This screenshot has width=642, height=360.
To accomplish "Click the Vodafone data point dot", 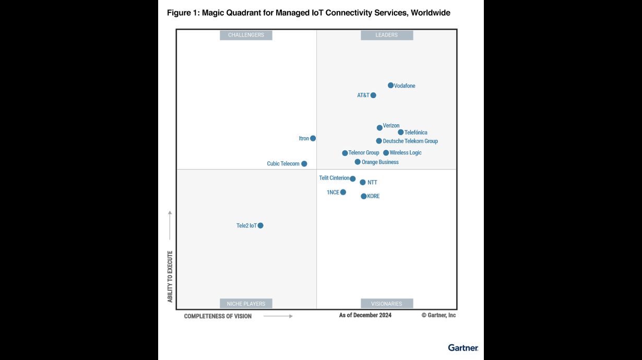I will click(390, 86).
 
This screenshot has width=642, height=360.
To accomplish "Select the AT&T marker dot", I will click(373, 95).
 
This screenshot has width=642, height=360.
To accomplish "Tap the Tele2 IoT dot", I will click(260, 225).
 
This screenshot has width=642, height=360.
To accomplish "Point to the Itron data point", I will click(313, 138).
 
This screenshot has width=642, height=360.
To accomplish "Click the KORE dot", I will click(364, 196).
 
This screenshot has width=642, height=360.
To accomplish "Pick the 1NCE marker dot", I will click(343, 192).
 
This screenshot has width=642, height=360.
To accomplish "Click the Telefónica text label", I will click(415, 133).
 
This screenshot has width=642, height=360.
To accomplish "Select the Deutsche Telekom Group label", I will click(410, 141).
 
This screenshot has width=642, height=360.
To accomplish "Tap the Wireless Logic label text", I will click(406, 153).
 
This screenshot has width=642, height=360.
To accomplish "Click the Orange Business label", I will click(380, 162).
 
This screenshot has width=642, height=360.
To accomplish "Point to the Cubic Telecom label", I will click(283, 164).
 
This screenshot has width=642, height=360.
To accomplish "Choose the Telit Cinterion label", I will click(334, 178).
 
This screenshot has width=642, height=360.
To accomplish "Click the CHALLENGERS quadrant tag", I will click(246, 35).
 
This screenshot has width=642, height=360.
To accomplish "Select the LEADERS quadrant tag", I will click(387, 35).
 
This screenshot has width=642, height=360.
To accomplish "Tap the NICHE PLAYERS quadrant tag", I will click(246, 304).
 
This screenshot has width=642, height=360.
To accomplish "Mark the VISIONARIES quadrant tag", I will click(387, 304).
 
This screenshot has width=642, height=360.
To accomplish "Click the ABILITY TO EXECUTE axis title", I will click(170, 277).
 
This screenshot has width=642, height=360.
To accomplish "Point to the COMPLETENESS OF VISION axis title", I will click(218, 316).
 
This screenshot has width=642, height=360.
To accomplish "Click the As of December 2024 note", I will click(365, 315).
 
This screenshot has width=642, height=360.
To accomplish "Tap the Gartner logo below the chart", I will click(463, 347).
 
